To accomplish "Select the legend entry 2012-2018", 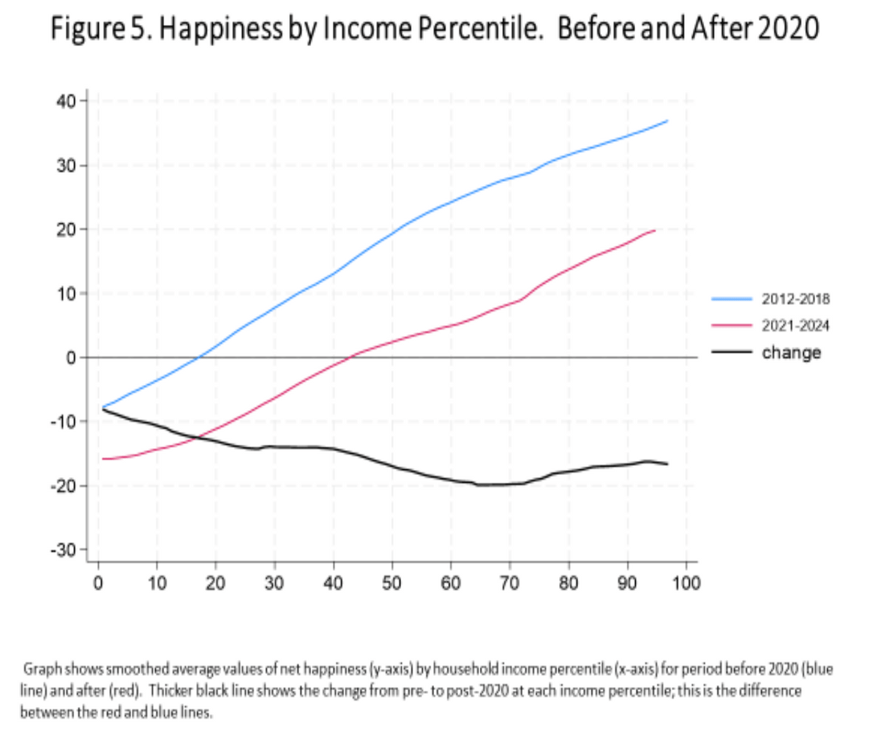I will click(795, 299).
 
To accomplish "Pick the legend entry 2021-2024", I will click(795, 326).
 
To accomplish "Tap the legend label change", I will click(791, 353).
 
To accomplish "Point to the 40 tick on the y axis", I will click(68, 101).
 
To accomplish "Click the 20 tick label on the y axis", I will click(68, 229).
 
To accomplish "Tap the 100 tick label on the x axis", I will click(686, 584).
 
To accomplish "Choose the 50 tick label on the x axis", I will click(392, 584).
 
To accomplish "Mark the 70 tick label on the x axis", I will click(509, 584).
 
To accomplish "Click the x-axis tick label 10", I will click(157, 584).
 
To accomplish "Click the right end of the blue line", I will click(667, 121).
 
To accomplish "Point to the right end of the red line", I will click(655, 230).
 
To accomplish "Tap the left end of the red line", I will click(103, 459).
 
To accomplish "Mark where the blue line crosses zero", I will click(198, 357).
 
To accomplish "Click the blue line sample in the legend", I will click(732, 299).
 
